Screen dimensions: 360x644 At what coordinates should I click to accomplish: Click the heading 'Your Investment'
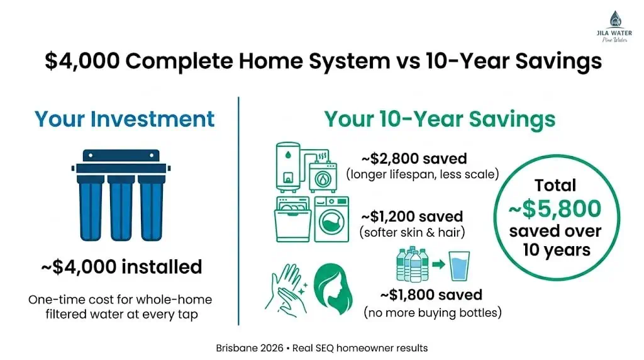(x=125, y=119)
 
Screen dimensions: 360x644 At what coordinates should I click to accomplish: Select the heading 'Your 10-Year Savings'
(x=440, y=119)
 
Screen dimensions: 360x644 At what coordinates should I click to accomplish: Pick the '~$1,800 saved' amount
(x=431, y=295)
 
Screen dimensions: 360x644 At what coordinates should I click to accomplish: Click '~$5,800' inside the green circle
(x=555, y=209)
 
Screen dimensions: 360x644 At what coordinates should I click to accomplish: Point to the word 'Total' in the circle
(x=555, y=185)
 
